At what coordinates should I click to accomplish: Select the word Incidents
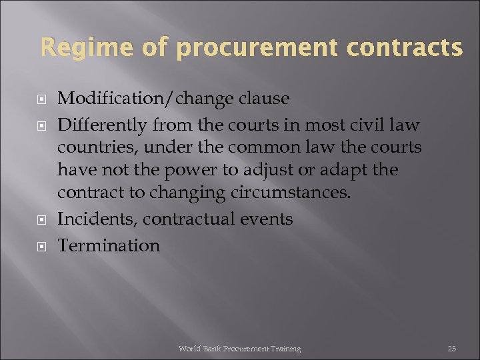97,219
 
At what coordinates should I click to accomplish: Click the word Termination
109,245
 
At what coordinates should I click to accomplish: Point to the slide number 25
451,349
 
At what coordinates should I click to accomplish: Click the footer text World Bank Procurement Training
239,349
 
